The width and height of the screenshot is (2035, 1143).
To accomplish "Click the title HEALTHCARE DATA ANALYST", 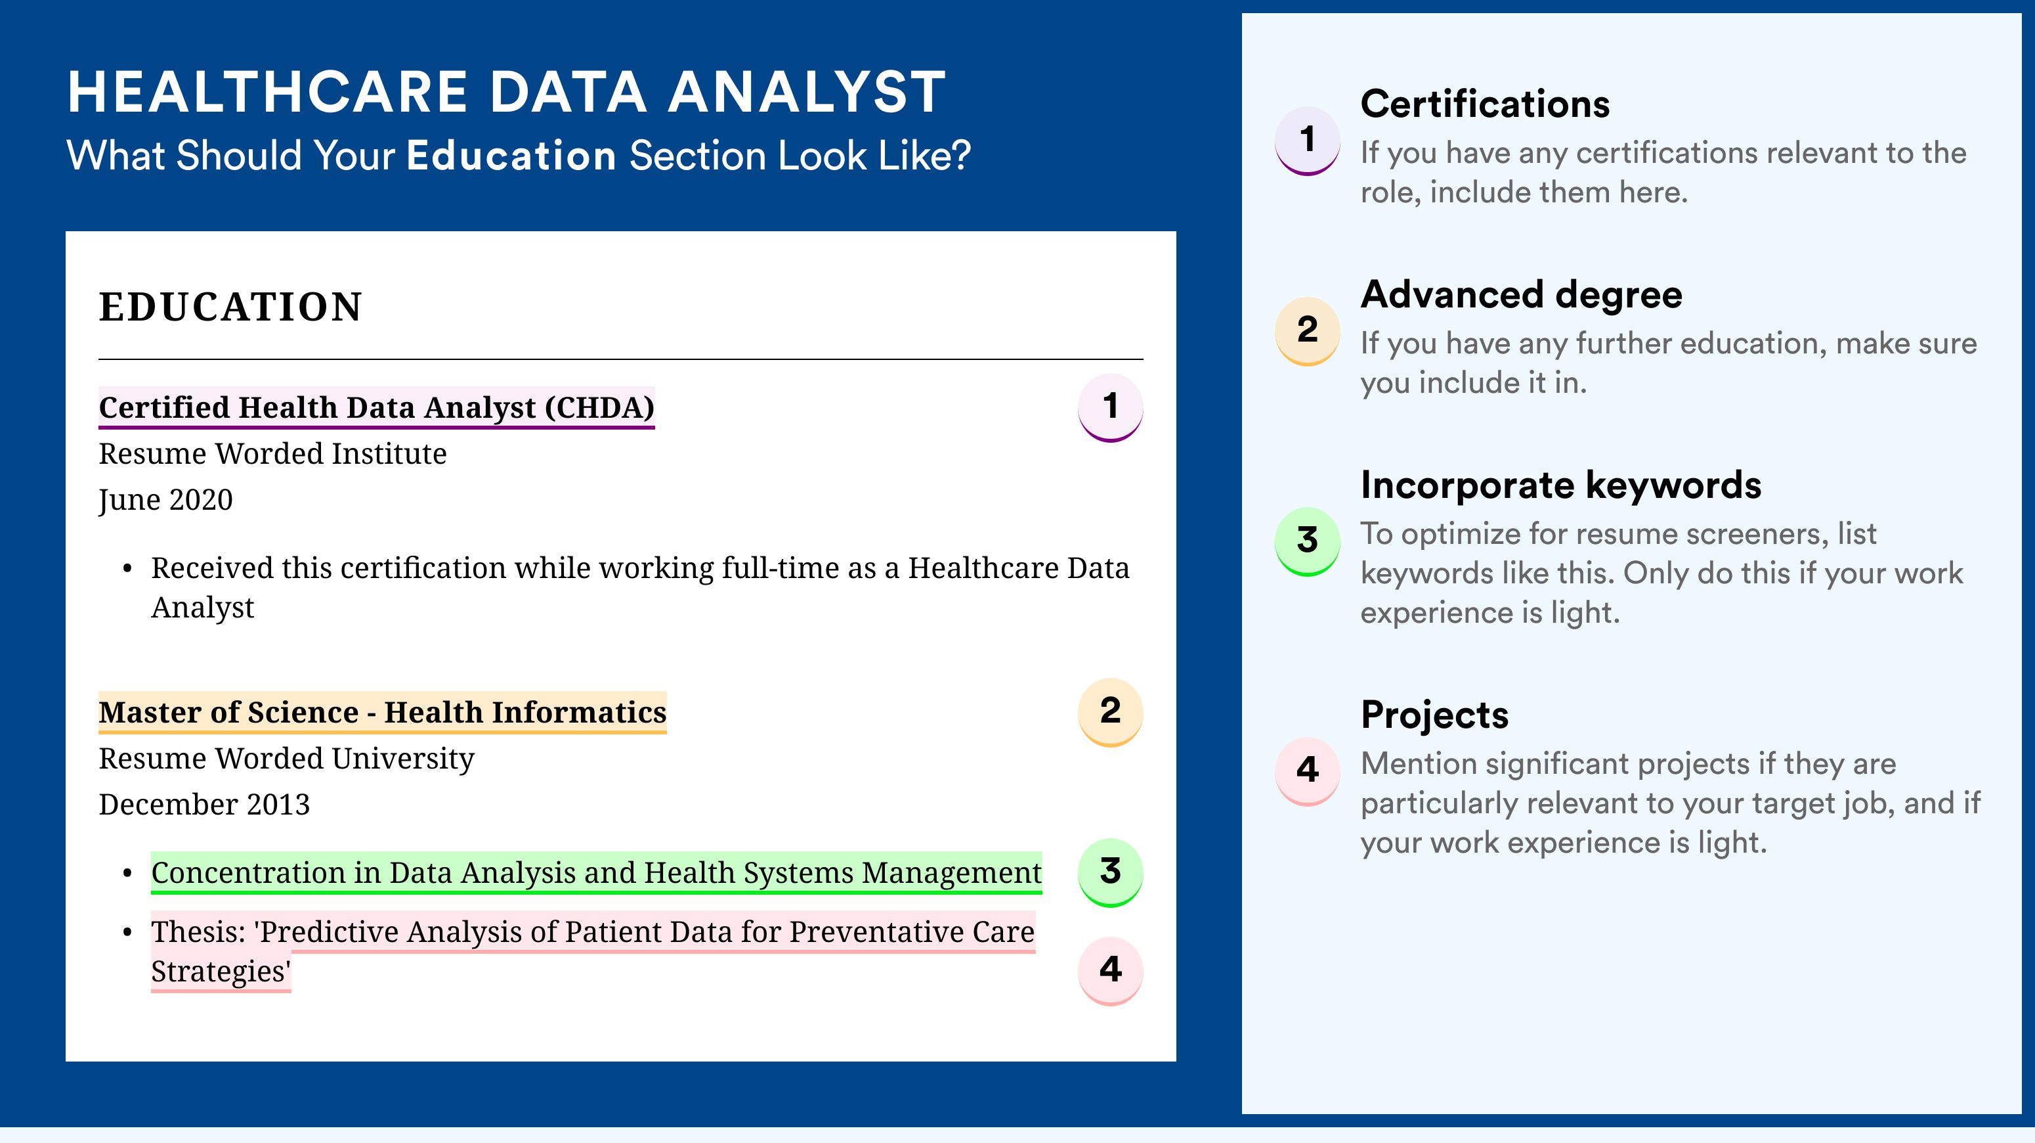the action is pos(506,92).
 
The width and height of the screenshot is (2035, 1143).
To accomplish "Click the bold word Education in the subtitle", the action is pos(511,155).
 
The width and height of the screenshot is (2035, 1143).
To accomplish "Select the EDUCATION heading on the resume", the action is pos(230,307).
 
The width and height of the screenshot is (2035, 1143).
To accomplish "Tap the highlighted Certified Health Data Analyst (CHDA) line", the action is pos(377,407).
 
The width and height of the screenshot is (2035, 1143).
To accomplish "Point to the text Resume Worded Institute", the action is pos(272,454).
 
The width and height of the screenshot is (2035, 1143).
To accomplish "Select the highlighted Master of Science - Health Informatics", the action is pos(382,712).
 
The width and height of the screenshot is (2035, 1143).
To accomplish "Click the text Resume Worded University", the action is pos(287,759).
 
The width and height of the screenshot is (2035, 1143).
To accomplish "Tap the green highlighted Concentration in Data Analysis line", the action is pos(597,872).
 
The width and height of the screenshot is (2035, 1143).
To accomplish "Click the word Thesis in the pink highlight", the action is pos(198,932).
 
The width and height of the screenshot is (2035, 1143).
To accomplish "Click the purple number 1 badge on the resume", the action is pos(1110,407).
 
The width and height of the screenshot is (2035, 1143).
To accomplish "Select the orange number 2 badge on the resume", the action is pos(1110,712).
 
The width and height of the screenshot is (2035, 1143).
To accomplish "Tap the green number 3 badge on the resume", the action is pos(1110,872).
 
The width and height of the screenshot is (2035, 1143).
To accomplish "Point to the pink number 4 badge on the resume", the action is pos(1110,971).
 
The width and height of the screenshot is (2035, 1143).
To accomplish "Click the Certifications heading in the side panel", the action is pos(1485,104).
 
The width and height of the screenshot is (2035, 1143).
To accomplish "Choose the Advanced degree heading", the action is pos(1522,295).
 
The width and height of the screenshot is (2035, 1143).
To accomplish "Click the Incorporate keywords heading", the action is pos(1561,485).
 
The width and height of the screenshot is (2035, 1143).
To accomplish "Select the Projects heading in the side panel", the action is pos(1434,715).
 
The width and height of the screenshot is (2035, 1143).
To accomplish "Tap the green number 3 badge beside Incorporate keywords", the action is pos(1308,541).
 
